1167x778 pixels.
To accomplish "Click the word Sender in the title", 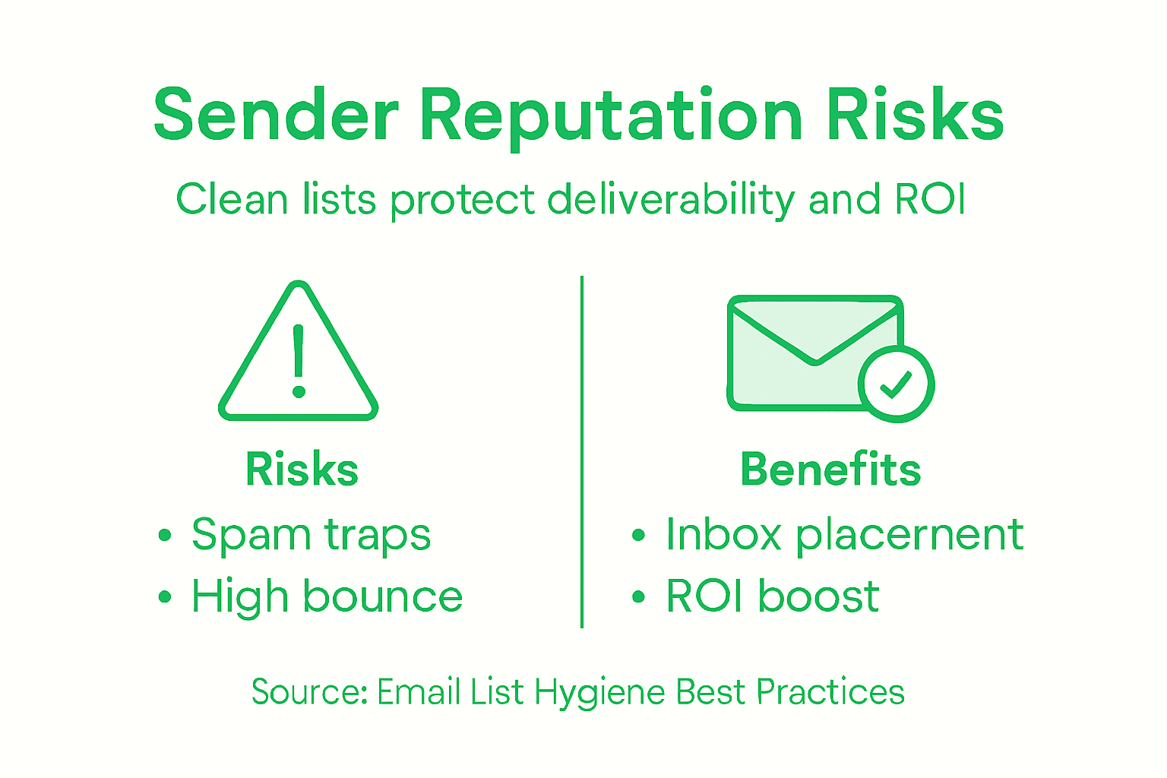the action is pyautogui.click(x=277, y=114).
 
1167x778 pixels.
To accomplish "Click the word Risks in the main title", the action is pyautogui.click(x=915, y=113).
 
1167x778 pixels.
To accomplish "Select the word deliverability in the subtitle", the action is pyautogui.click(x=672, y=200).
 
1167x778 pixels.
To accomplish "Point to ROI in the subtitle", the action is pyautogui.click(x=930, y=198).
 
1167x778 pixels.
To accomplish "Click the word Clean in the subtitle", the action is pyautogui.click(x=232, y=198).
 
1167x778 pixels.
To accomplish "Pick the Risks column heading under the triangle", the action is pyautogui.click(x=302, y=470).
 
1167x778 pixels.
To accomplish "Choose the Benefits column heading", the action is pyautogui.click(x=831, y=469).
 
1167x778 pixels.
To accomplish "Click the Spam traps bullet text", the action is pyautogui.click(x=312, y=535).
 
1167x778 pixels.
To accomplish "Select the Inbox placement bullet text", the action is pyautogui.click(x=845, y=535).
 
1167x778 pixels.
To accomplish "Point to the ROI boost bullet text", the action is pyautogui.click(x=773, y=596).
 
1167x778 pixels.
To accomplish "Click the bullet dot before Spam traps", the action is pyautogui.click(x=165, y=535).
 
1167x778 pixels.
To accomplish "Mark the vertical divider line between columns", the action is pyautogui.click(x=582, y=452).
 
